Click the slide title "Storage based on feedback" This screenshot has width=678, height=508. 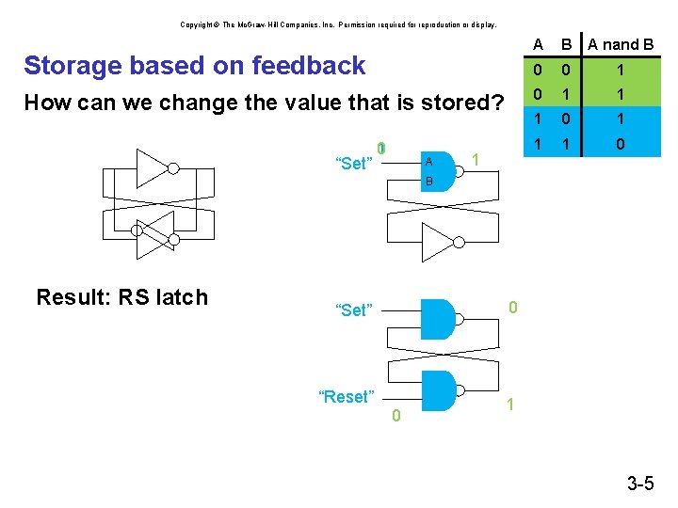(x=194, y=66)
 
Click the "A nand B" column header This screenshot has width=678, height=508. (x=621, y=45)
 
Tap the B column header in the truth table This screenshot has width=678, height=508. (x=566, y=45)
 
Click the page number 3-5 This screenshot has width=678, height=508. (x=640, y=484)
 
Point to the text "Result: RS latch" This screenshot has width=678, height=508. (x=121, y=298)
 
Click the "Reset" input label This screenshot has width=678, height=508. (x=347, y=397)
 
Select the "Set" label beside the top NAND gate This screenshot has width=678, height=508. (x=354, y=165)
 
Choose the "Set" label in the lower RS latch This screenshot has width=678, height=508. (x=354, y=310)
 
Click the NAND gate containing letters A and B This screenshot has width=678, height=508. (x=438, y=169)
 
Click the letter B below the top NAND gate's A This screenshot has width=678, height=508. (x=428, y=181)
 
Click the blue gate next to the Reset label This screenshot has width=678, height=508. (x=438, y=390)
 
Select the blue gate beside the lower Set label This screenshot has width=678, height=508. (x=438, y=318)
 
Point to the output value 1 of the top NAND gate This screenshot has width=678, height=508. (x=476, y=161)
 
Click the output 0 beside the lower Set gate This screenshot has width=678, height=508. (x=512, y=307)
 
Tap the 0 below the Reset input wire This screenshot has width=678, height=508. (x=395, y=416)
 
